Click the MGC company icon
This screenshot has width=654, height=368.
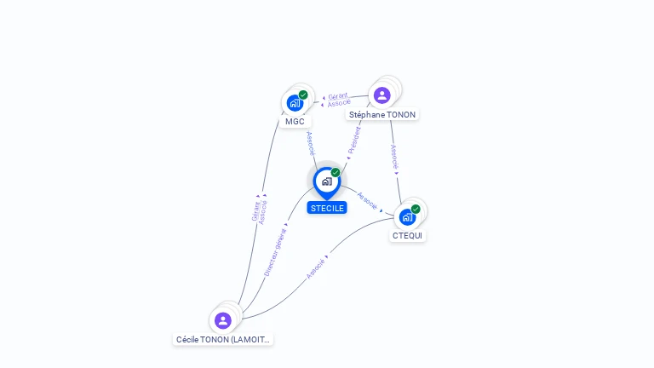pos(295,103)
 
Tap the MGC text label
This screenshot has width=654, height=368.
pos(295,121)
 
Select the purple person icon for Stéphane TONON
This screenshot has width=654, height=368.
pos(381,95)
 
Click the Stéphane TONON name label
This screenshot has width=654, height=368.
pos(382,114)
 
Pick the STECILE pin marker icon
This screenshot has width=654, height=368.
pos(326,181)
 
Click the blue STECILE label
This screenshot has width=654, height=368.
pos(327,208)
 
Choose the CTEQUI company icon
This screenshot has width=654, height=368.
pos(407,216)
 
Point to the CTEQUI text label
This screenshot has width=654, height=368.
pos(407,235)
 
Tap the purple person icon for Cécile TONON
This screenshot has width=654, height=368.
pos(223,320)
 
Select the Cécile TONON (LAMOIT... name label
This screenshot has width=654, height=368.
pos(223,339)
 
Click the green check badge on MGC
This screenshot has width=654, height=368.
pos(303,95)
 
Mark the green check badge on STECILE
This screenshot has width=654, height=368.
pos(336,172)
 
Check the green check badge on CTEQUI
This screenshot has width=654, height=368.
pos(416,209)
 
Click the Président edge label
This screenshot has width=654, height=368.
pos(354,141)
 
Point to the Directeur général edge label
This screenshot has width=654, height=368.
pos(274,251)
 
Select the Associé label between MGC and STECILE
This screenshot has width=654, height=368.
pos(311,142)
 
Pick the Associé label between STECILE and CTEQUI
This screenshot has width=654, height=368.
pos(367,201)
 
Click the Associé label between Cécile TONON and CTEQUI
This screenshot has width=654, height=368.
pos(316,267)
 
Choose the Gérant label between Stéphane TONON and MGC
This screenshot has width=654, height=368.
pos(337,96)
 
